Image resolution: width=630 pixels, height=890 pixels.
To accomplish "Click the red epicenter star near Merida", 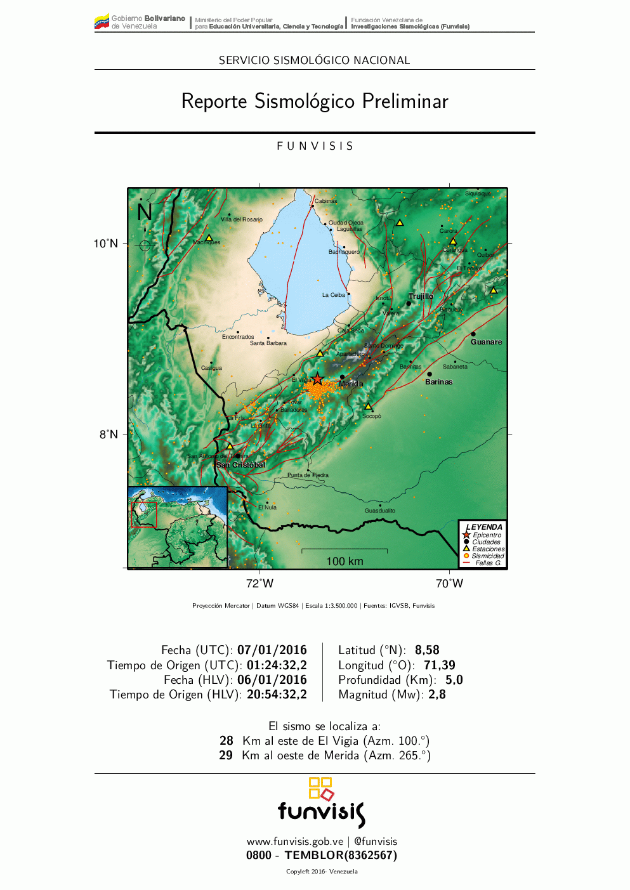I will click(317, 379).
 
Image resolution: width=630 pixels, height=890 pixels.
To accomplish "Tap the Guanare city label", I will click(486, 342).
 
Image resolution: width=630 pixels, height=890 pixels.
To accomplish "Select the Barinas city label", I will click(438, 382).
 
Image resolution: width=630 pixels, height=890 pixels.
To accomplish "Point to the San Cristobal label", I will click(240, 465).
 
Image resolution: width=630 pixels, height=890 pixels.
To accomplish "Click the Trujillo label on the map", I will click(421, 296).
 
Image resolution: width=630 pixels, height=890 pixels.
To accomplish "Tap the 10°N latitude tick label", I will click(106, 244).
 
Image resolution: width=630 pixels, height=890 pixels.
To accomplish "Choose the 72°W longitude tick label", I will click(259, 583).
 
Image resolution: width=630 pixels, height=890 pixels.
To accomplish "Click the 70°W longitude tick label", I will click(449, 583).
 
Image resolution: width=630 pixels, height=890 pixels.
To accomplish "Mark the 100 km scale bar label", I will click(345, 561).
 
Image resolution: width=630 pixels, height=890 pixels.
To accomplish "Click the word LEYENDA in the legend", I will click(484, 527).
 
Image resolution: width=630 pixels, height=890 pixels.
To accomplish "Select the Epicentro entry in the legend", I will click(487, 535).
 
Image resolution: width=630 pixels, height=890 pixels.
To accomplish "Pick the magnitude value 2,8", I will click(437, 695).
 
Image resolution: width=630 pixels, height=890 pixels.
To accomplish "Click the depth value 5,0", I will click(454, 680).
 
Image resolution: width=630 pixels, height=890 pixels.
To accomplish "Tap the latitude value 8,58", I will click(427, 650).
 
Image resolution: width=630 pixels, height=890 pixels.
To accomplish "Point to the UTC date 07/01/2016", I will click(272, 650).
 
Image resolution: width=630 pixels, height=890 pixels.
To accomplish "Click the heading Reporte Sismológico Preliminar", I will click(315, 101).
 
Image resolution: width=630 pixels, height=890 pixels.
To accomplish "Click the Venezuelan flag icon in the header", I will click(102, 23).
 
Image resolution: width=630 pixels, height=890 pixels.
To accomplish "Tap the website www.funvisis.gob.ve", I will click(295, 842).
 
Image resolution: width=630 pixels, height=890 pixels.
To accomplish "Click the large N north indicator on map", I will click(145, 212).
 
